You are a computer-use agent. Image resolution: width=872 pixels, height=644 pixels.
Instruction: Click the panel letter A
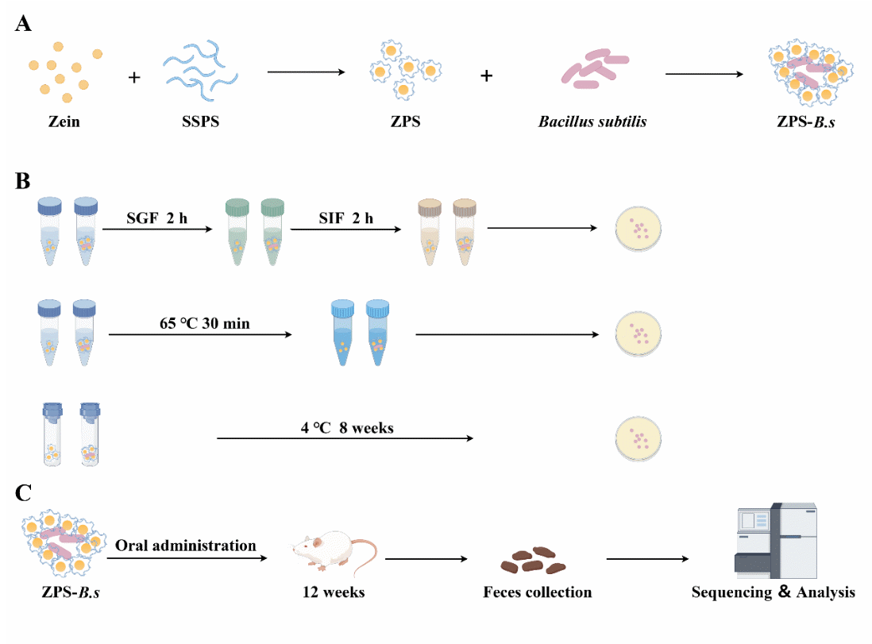pos(24,24)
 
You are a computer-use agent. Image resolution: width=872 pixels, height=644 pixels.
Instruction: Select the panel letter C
pos(24,493)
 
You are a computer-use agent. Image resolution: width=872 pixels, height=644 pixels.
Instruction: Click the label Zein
pos(63,121)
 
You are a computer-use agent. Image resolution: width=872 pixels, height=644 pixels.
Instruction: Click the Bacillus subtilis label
pos(592,121)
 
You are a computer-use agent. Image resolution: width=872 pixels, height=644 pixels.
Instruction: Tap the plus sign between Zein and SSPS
pos(134,78)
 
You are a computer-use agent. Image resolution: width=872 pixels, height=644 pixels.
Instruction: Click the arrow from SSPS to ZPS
pos(305,73)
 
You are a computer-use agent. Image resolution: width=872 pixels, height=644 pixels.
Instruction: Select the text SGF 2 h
pos(156,218)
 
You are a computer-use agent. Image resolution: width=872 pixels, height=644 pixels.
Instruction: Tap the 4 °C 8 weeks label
pos(347,427)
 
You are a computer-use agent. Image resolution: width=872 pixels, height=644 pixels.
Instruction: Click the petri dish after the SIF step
pos(638,231)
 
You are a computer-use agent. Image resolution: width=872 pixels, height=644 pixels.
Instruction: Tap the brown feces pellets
pos(533,560)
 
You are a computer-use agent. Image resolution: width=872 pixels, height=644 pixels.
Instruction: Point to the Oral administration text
pos(186,546)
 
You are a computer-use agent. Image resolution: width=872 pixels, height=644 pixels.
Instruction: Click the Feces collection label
pos(537,592)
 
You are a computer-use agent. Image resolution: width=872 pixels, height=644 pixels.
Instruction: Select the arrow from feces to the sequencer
pos(646,559)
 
